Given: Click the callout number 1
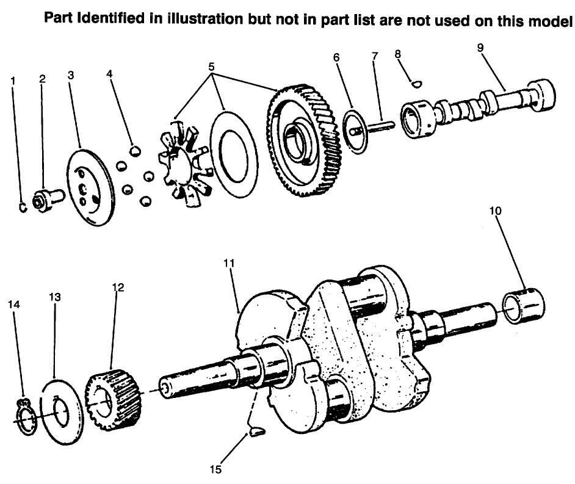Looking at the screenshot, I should (x=13, y=80).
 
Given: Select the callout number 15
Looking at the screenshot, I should (x=215, y=470).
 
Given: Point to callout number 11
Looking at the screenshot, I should (x=229, y=263).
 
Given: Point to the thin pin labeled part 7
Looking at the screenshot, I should (x=382, y=126).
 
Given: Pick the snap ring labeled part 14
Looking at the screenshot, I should (x=24, y=416).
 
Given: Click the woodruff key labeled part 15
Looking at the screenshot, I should (x=255, y=433).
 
